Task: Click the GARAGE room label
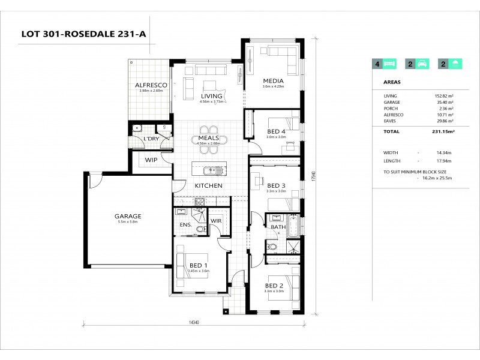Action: (128, 216)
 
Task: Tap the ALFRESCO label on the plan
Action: (151, 85)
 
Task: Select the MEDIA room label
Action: (272, 81)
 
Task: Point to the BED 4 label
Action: (276, 131)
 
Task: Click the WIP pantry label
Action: (151, 160)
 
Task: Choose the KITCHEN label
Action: (208, 185)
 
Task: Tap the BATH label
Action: (278, 227)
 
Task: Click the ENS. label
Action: (185, 225)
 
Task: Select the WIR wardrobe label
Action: (216, 221)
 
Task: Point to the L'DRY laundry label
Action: (151, 139)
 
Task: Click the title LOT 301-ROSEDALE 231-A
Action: (83, 34)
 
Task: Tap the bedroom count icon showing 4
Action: (385, 64)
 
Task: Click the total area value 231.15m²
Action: (443, 131)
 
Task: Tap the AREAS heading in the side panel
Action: (392, 83)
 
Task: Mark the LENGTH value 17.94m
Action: (444, 161)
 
